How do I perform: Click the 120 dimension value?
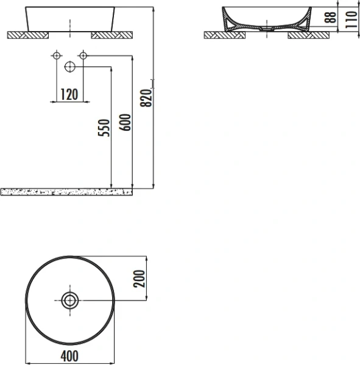pyautogui.click(x=69, y=94)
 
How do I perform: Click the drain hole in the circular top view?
pyautogui.click(x=70, y=299)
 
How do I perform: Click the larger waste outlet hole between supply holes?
pyautogui.click(x=70, y=66)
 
